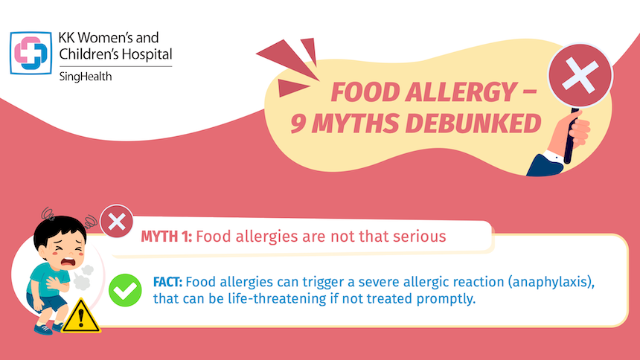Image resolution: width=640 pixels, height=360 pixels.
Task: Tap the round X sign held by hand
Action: click(580, 76)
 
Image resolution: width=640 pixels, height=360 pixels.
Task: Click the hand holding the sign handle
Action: click(575, 137)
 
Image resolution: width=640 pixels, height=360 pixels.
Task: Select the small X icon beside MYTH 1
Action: click(116, 222)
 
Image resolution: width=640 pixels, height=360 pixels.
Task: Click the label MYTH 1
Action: click(167, 237)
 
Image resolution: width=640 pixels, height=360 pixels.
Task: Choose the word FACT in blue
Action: click(169, 283)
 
